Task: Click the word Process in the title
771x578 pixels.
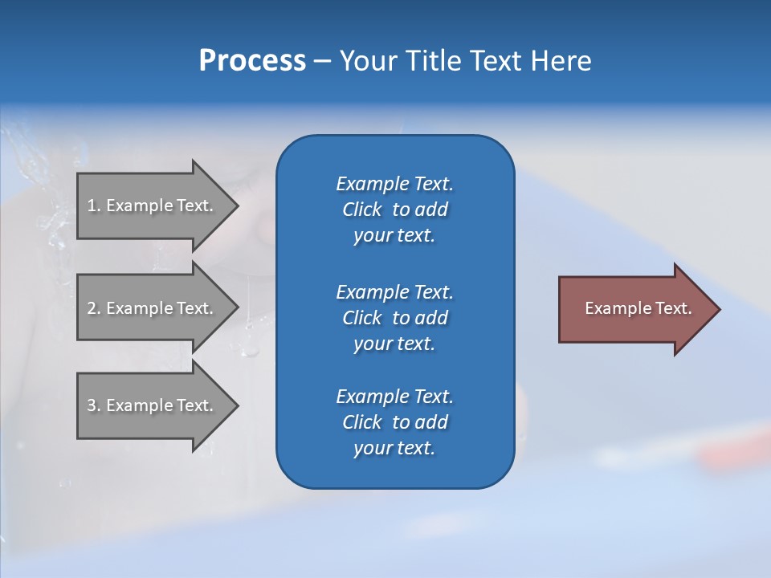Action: [252, 61]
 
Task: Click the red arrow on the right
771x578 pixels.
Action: [634, 309]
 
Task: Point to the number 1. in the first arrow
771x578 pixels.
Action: [94, 206]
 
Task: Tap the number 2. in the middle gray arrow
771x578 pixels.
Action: [94, 308]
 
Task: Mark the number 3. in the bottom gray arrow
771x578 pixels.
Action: [94, 405]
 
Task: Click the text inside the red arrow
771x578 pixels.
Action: [638, 308]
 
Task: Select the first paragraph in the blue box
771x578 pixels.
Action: [394, 210]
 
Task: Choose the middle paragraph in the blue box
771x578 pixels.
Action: [394, 318]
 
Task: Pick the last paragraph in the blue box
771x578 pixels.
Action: [394, 422]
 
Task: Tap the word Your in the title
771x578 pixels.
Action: [366, 61]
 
